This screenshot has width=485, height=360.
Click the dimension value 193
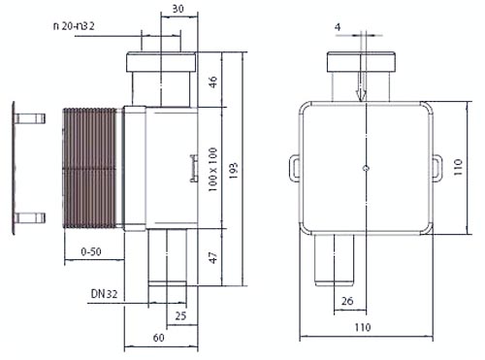coord(234,171)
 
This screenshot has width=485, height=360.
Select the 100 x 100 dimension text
coord(212,170)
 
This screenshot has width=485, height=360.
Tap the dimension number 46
coord(213,82)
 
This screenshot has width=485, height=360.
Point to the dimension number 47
coord(213,258)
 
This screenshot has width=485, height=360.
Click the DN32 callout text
coord(104,294)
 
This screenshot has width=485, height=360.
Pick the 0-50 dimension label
coord(91,251)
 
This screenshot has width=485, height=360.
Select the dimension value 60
coord(159,338)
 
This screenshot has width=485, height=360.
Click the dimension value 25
coord(180,315)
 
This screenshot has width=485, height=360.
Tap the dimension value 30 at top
coord(178,9)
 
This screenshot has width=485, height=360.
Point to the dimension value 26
coord(347,301)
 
